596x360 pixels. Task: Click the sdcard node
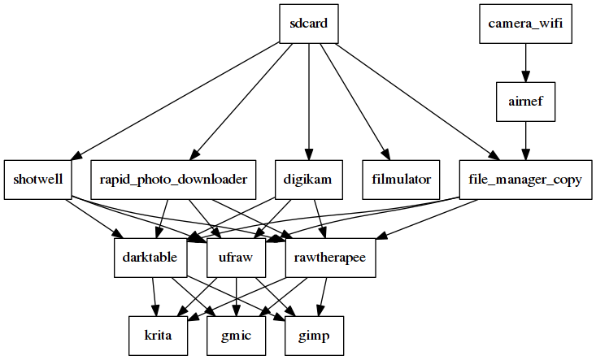[308, 24]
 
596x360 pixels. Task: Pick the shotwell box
[37, 180]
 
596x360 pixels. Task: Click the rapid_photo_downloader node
[173, 180]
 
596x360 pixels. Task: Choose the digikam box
[307, 180]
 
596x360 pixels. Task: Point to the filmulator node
[401, 180]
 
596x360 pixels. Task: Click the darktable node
[151, 258]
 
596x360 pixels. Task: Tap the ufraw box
[237, 258]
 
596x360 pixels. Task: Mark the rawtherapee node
[331, 258]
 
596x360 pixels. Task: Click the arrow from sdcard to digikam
[308, 98]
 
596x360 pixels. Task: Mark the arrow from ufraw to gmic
[237, 297]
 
